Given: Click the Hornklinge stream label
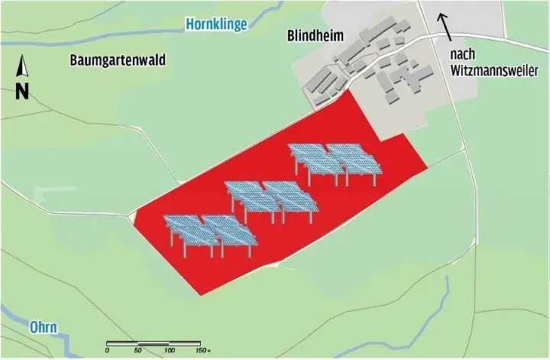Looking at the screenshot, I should pos(217,25).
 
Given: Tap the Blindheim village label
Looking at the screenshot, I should pos(315,35).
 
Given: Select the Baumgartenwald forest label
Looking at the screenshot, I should pos(117,60).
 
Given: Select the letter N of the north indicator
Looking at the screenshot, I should pos(22,92).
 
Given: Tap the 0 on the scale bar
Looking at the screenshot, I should pos(108,350).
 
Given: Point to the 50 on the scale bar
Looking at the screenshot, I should pos(138,350).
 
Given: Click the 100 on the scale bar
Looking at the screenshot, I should pos(169,350).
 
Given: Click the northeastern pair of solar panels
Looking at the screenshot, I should pos(335,162).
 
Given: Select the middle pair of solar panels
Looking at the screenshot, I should pos(271,199).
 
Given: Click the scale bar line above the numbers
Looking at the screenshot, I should pos(154,342).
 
